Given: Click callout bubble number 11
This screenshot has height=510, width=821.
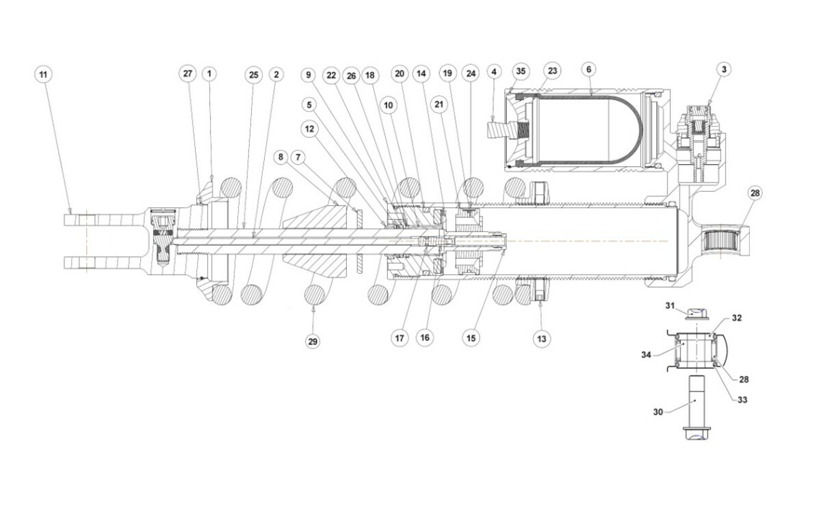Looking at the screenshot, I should tap(44, 73).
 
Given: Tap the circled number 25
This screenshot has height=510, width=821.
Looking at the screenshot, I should tap(254, 73).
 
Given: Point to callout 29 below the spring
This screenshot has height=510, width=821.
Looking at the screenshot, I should tap(313, 340).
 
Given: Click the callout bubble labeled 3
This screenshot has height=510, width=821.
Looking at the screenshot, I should tap(723, 69).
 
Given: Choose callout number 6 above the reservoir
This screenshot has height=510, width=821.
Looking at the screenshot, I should tap(589, 69).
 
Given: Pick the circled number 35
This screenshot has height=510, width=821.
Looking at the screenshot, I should tap(521, 71).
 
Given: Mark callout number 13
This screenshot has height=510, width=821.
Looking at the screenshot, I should tap(542, 337).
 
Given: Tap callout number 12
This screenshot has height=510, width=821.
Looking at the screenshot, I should tap(310, 128).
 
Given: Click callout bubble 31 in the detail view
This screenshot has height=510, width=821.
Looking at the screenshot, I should tap(670, 305).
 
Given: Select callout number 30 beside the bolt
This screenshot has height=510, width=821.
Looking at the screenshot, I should tap(658, 412).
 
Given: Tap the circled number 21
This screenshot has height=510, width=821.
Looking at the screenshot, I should tap(439, 103).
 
